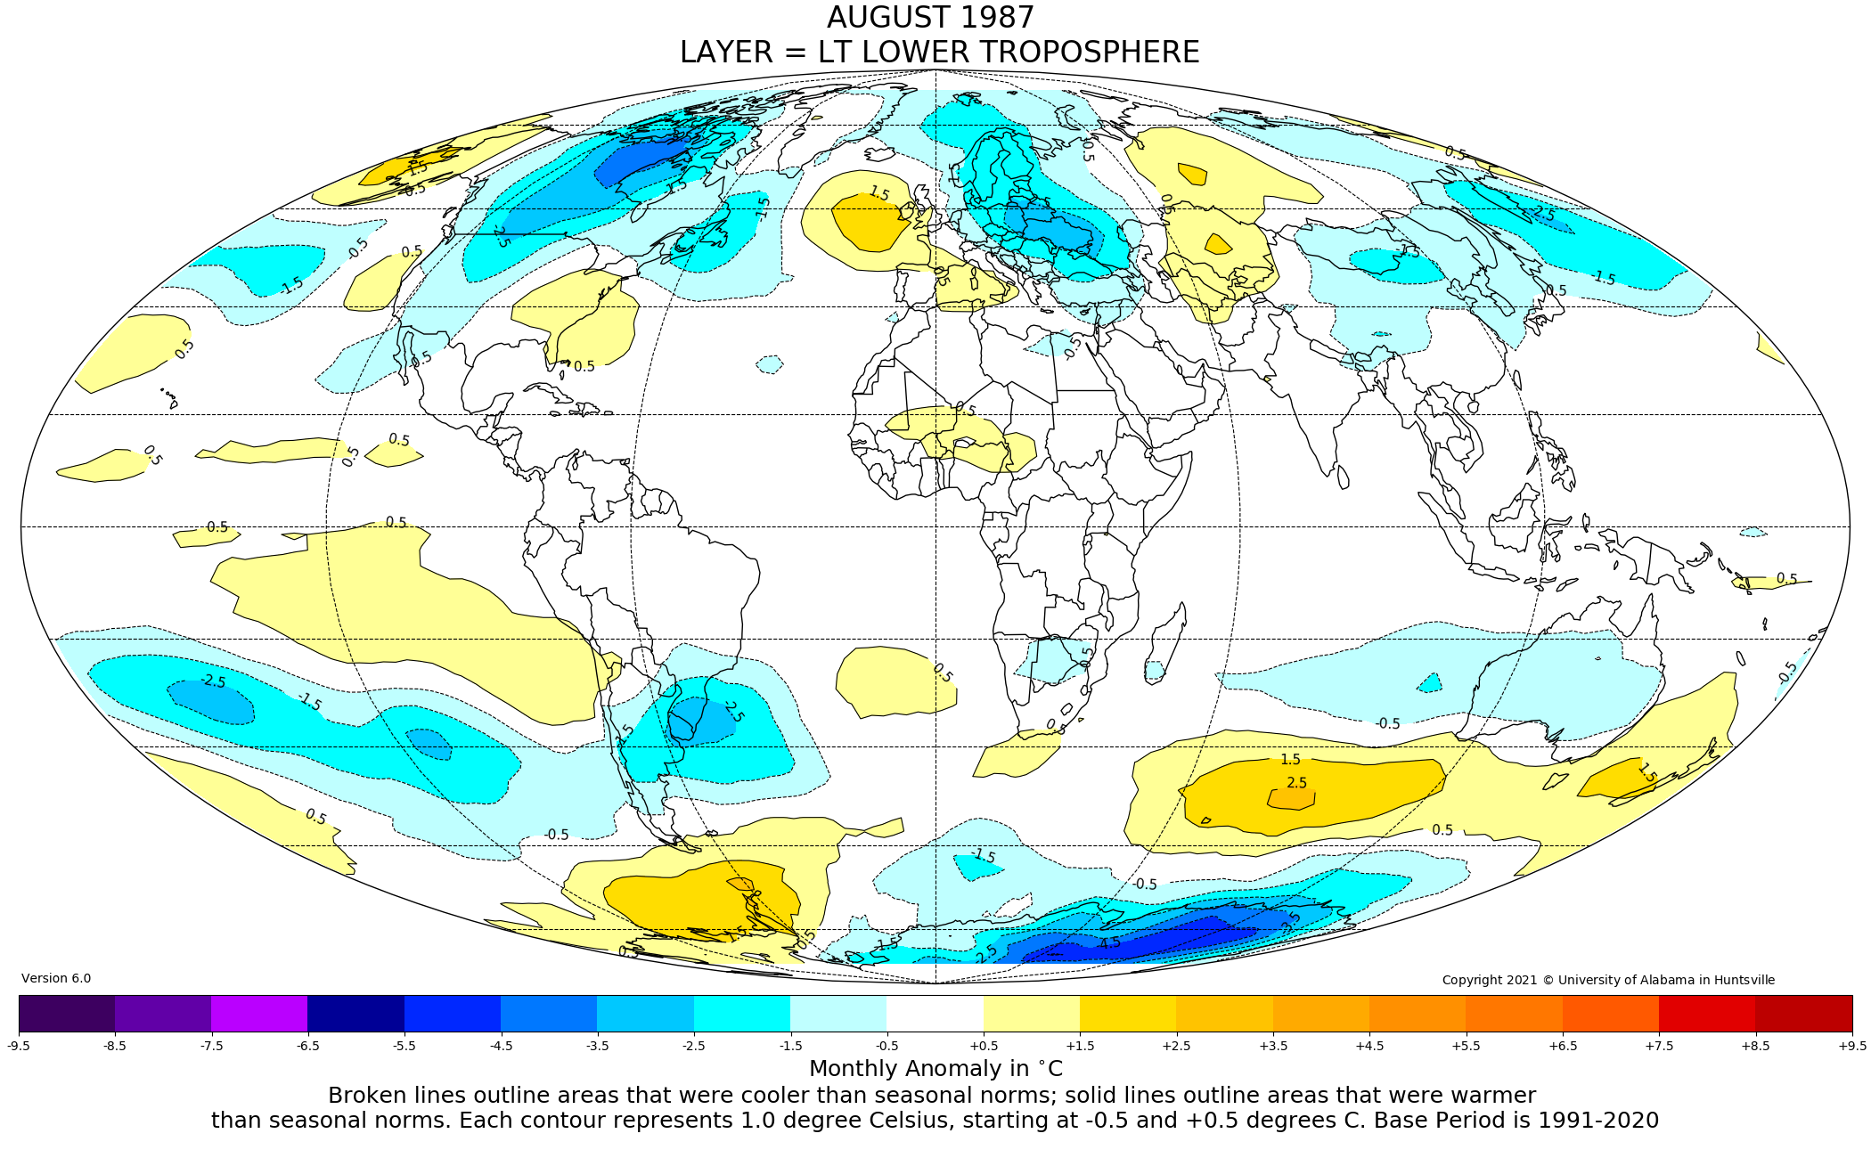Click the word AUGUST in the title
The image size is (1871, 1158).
click(884, 18)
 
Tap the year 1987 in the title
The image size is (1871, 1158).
click(996, 18)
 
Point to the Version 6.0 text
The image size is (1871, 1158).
click(56, 979)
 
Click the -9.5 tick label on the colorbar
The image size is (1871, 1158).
click(19, 1046)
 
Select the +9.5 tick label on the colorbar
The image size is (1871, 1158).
click(1851, 1046)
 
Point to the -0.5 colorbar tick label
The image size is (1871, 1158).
click(886, 1046)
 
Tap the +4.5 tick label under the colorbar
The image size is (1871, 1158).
click(1369, 1046)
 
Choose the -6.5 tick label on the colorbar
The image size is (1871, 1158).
click(308, 1046)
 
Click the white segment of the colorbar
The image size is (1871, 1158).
click(935, 1013)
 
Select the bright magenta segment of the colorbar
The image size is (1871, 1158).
click(259, 1013)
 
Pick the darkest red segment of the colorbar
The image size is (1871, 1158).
click(1803, 1013)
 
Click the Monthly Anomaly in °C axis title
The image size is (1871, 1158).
click(935, 1068)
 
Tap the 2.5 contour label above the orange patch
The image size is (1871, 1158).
click(1296, 783)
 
